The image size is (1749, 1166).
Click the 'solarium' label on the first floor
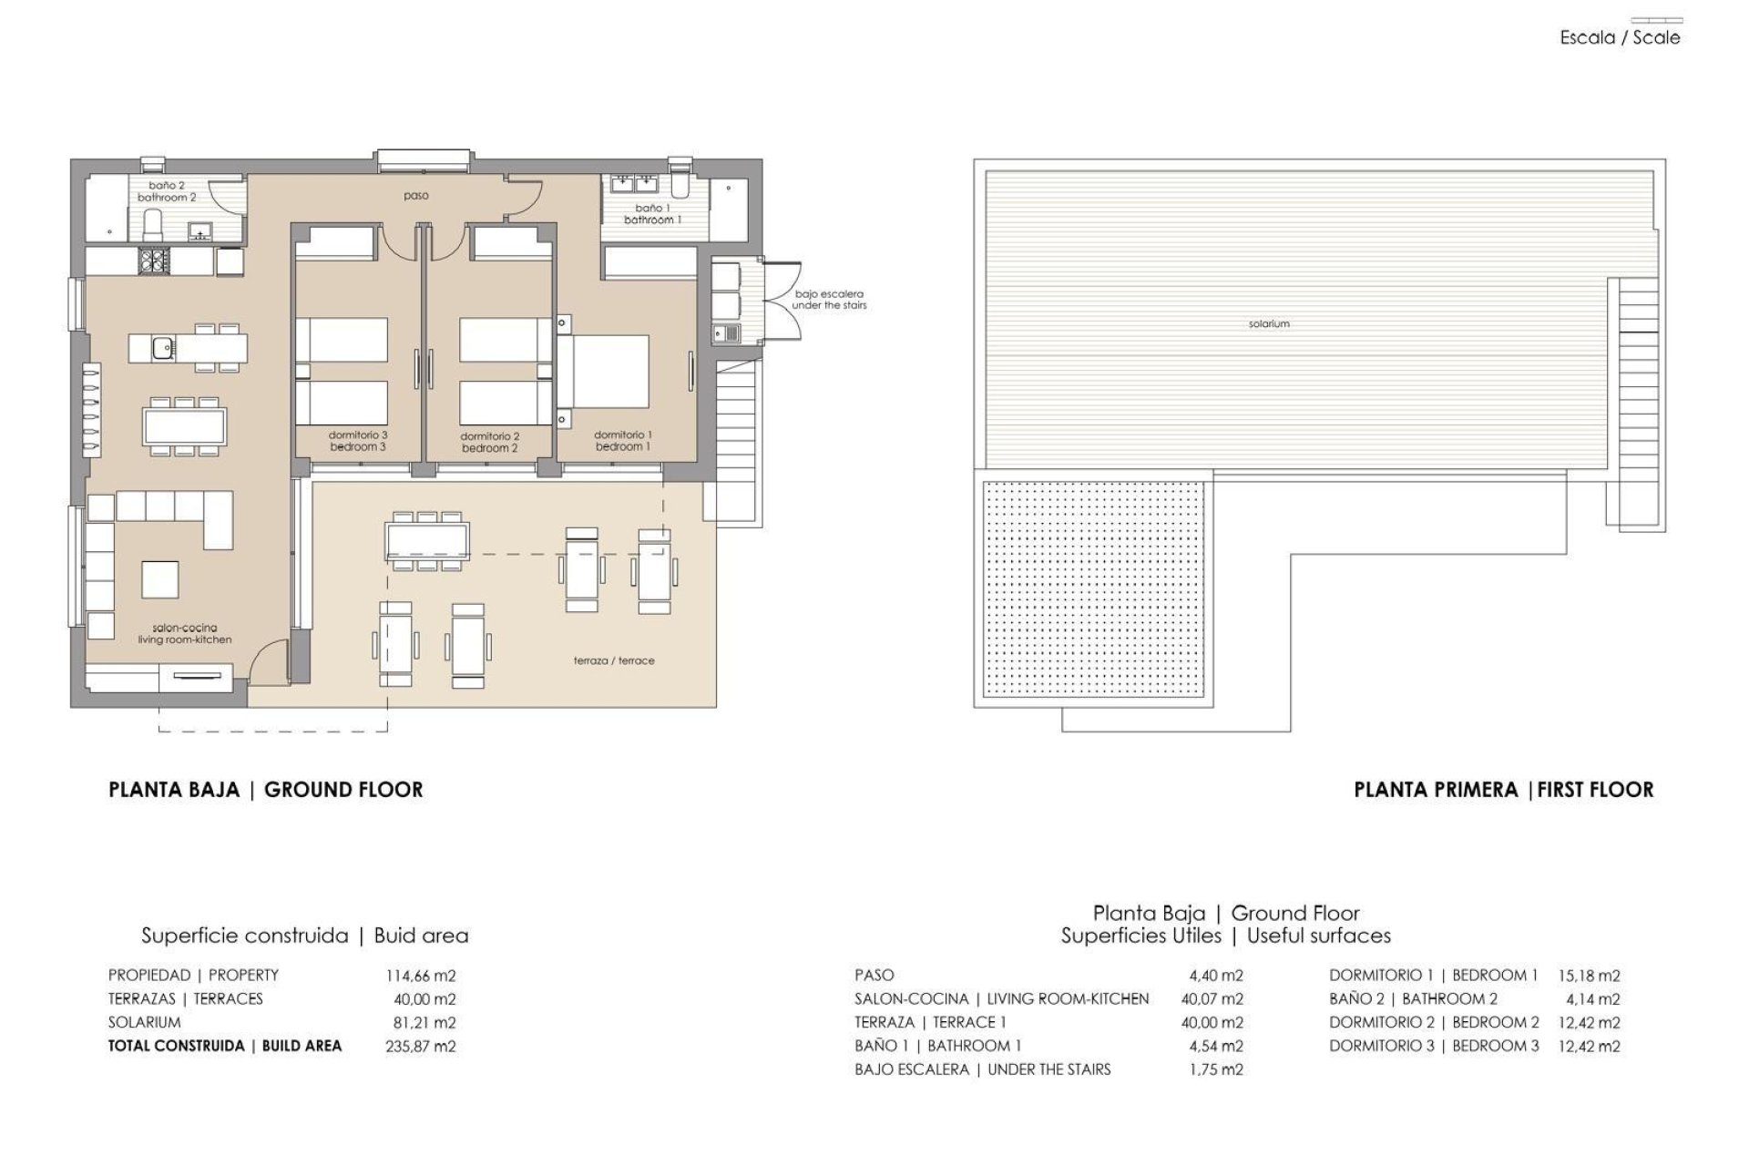[1268, 323]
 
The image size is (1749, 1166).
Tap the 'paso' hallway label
[415, 196]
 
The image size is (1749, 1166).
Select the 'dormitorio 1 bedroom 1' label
[623, 441]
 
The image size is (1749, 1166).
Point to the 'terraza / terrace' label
[614, 660]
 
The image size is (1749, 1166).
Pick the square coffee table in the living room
[159, 578]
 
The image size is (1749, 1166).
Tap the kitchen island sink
[163, 347]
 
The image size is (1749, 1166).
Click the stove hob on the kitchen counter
[150, 261]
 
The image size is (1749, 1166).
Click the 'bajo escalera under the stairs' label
[828, 300]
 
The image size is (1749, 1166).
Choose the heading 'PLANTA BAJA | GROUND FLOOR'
[266, 790]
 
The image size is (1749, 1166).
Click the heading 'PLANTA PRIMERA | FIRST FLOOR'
[1503, 790]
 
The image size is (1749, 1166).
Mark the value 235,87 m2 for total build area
[421, 1046]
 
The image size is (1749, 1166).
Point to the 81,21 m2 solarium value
[424, 1022]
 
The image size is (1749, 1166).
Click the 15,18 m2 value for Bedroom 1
[1590, 975]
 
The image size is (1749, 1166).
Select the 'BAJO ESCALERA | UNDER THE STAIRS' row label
[982, 1069]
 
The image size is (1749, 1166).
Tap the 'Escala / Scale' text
[1620, 38]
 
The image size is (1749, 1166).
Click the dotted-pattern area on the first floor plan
[1095, 592]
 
